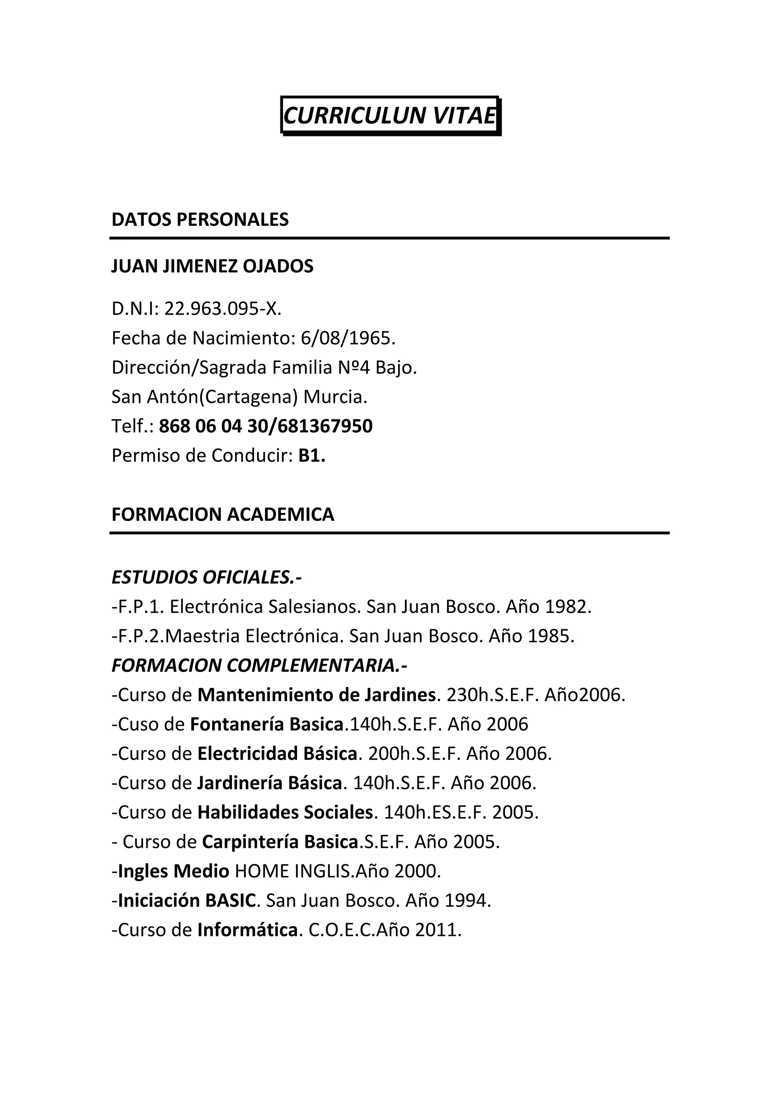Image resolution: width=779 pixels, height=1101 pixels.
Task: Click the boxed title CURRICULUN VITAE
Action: coord(389,116)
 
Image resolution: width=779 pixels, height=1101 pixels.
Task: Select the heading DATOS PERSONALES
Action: coord(200,220)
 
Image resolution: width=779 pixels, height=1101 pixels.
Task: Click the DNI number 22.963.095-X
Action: coord(223,309)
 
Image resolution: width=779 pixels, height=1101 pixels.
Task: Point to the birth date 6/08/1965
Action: coord(348,338)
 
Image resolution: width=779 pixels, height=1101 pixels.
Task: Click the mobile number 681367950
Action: coord(325,426)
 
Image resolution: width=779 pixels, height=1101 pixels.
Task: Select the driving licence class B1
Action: coord(312,455)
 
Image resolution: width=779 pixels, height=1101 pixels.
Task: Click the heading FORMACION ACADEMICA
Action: coord(223,514)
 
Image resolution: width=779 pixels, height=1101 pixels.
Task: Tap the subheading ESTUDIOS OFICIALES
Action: coord(206,578)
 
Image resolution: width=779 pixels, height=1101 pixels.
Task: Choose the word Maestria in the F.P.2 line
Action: coord(202,636)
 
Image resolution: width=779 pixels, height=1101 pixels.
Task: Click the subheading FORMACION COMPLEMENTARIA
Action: coord(259,666)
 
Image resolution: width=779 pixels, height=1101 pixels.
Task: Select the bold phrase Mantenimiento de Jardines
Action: coord(316,695)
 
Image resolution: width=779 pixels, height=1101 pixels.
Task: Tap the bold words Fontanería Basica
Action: coord(267,724)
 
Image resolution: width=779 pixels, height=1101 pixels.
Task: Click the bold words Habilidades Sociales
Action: coord(285,812)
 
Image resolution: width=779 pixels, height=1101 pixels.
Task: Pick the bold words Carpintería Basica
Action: coord(280,842)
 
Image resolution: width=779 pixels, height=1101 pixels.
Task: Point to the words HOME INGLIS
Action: coord(292,871)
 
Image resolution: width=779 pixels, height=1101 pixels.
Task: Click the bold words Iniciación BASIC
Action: coord(187,901)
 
